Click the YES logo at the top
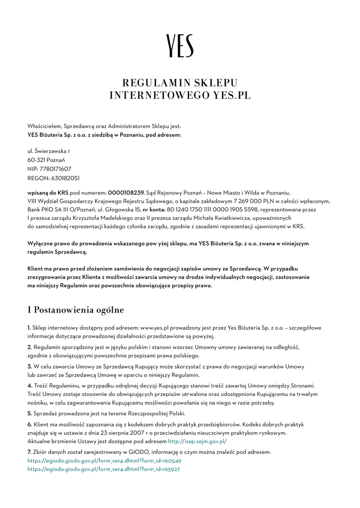pyautogui.click(x=180, y=46)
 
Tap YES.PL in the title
pyautogui.click(x=232, y=95)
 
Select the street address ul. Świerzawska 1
pyautogui.click(x=49, y=151)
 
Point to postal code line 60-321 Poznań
pyautogui.click(x=46, y=160)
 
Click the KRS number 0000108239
pyautogui.click(x=126, y=192)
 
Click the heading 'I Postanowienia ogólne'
pyautogui.click(x=75, y=310)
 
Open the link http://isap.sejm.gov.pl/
pyautogui.click(x=198, y=441)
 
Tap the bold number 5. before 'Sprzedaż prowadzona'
pyautogui.click(x=30, y=413)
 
